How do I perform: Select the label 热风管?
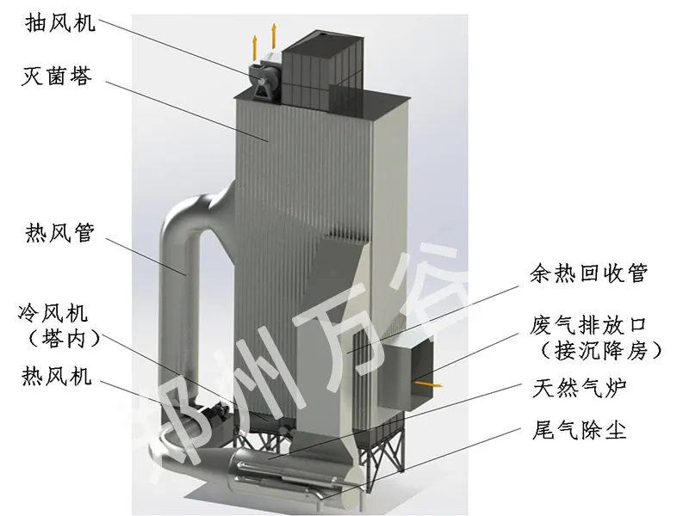pyautogui.click(x=60, y=233)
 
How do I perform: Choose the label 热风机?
pyautogui.click(x=59, y=376)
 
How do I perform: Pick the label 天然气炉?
pyautogui.click(x=576, y=390)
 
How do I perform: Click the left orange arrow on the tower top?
pyautogui.click(x=254, y=42)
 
